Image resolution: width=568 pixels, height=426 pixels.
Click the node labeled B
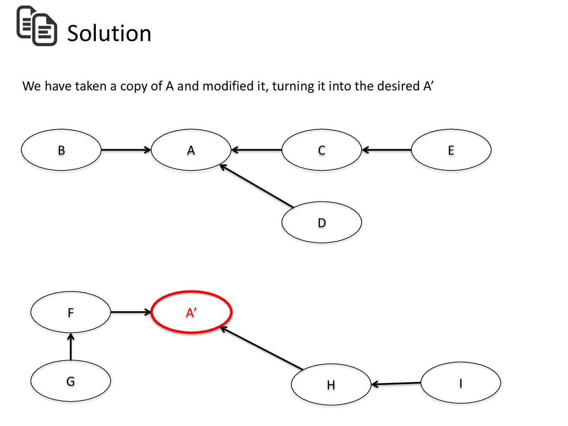pos(61,150)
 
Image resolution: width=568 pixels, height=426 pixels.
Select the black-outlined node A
pos(191,150)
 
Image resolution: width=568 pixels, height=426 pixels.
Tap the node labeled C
pos(321,150)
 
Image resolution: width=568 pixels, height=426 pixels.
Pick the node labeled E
pos(451,150)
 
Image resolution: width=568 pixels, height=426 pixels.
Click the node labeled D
pos(321,222)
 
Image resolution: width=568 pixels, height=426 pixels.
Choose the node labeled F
pos(71,312)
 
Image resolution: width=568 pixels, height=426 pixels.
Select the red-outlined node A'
pos(191,312)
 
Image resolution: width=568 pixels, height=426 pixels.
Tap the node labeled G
pos(71,381)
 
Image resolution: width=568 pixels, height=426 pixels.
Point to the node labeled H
pos(331,385)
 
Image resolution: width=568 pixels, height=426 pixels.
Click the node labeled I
pos(460,383)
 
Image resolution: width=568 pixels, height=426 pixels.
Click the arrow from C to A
pos(256,150)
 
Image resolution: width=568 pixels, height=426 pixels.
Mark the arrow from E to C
pos(387,150)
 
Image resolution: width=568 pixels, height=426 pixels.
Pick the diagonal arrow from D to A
pos(256,186)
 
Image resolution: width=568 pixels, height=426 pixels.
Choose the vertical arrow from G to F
pos(71,347)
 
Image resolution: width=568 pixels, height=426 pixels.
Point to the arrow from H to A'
pos(262,348)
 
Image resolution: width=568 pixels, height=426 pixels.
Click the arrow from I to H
pos(396,383)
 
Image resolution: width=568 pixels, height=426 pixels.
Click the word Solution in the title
pos(109,33)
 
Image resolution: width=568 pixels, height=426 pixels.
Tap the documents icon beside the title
pos(37,26)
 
